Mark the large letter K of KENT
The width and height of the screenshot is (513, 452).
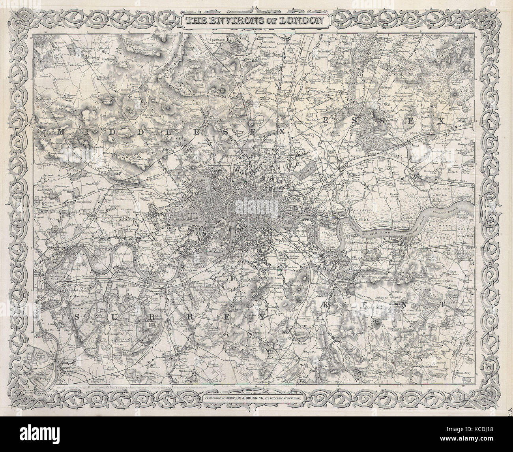pyautogui.click(x=326, y=304)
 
